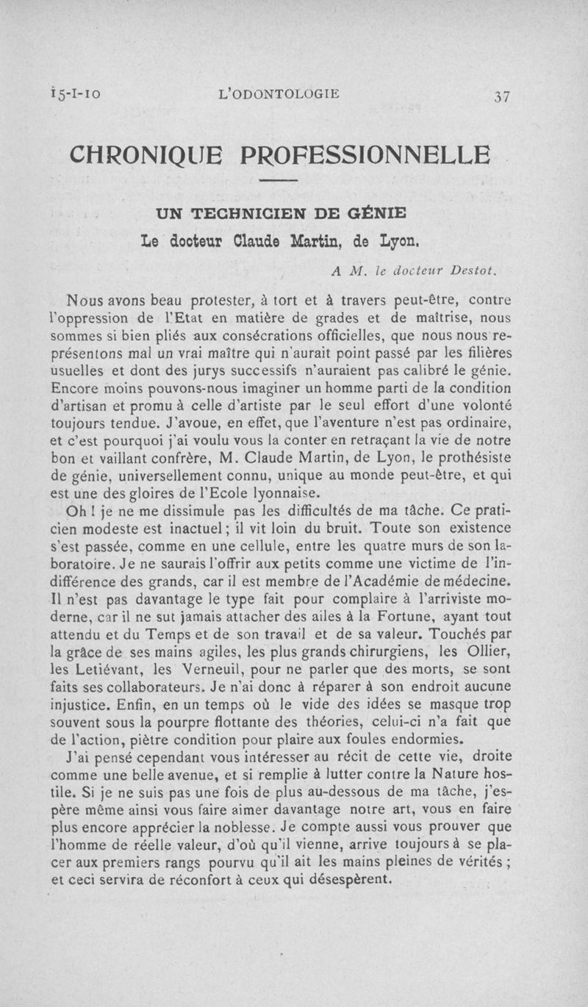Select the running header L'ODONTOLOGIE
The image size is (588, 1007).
click(284, 93)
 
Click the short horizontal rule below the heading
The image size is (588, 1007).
click(279, 181)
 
